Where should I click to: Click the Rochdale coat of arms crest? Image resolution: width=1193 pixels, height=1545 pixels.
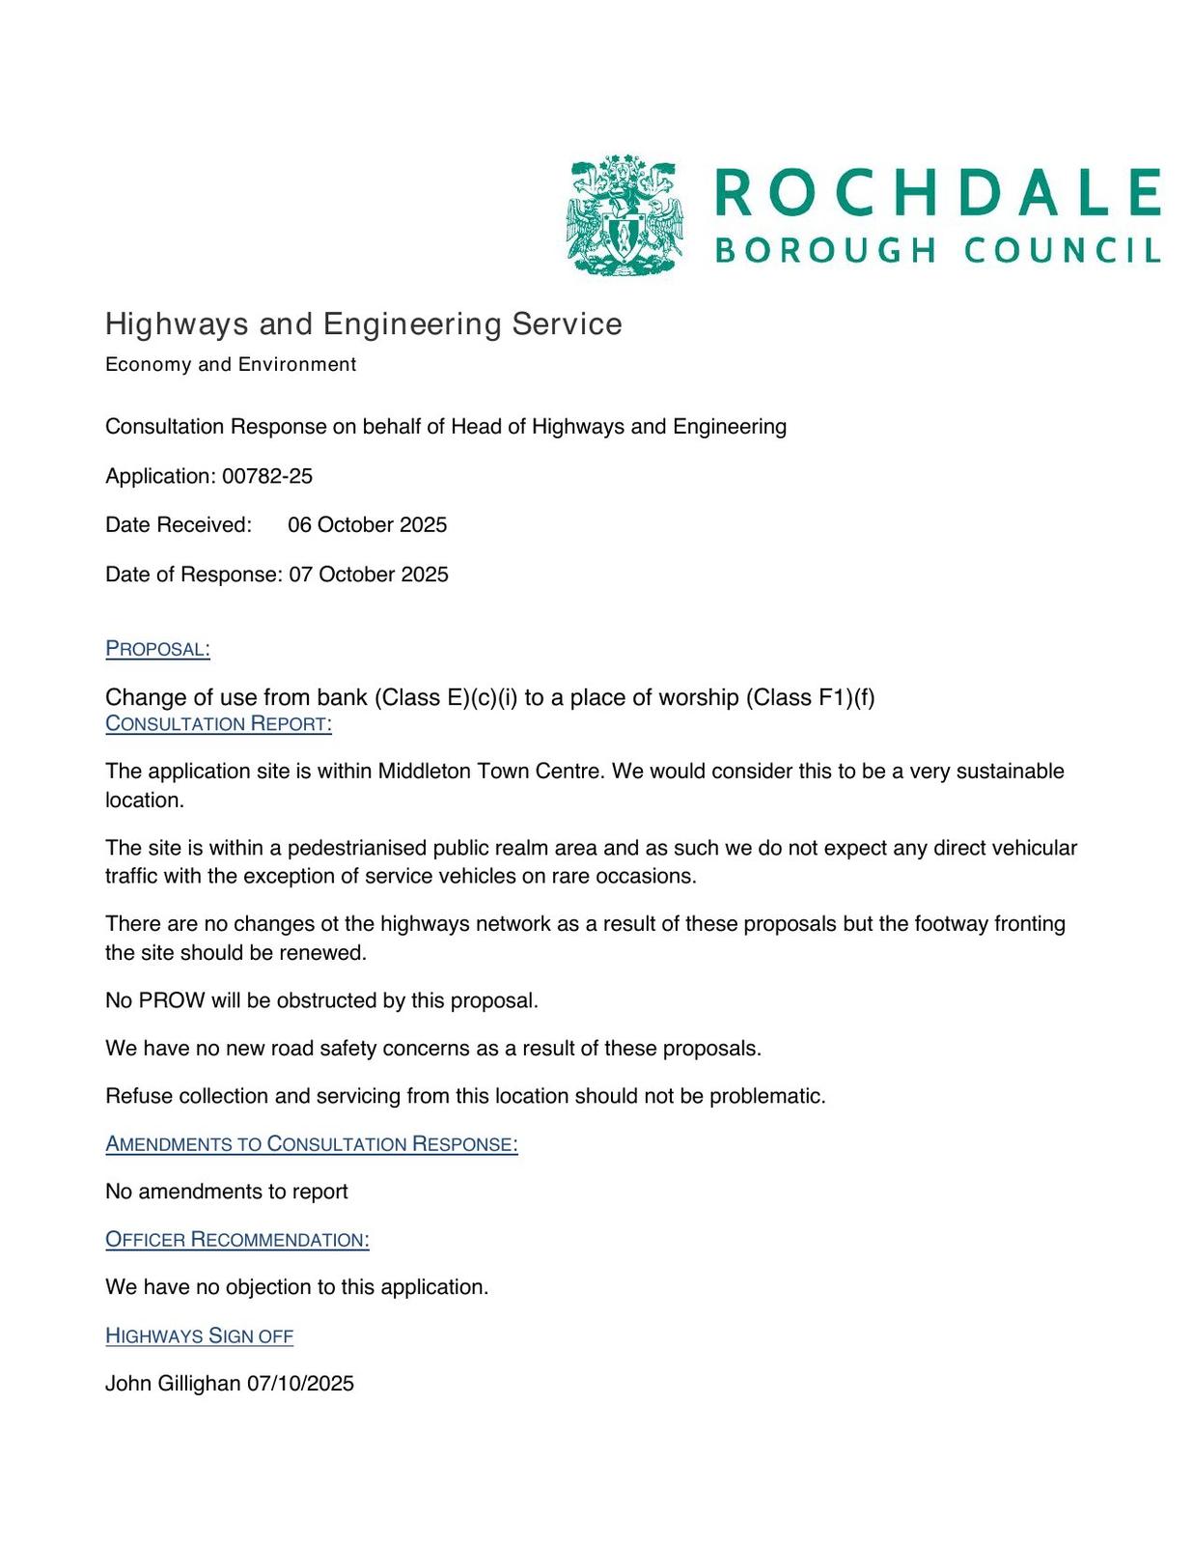point(624,215)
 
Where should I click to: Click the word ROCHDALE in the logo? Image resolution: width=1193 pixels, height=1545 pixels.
point(937,192)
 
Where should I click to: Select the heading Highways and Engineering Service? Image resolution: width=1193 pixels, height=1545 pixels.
point(363,324)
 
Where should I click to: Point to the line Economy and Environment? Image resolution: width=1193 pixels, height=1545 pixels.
point(231,365)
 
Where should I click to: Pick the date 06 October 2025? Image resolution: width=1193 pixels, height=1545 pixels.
point(367,525)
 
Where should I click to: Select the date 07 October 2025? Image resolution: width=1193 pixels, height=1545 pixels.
point(369,575)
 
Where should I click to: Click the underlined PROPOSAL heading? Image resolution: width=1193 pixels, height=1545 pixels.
point(157,649)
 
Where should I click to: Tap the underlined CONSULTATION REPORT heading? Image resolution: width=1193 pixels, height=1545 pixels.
point(218,724)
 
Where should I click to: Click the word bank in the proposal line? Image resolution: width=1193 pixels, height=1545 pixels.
point(343,697)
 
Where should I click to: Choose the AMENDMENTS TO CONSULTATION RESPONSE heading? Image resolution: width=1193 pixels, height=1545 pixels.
point(311,1144)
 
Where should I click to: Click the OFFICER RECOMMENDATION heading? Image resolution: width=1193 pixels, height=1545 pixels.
point(236,1240)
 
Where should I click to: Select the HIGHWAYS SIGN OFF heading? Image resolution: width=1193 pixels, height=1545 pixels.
point(199,1336)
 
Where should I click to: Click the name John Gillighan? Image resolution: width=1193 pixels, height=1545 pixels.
point(172,1384)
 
